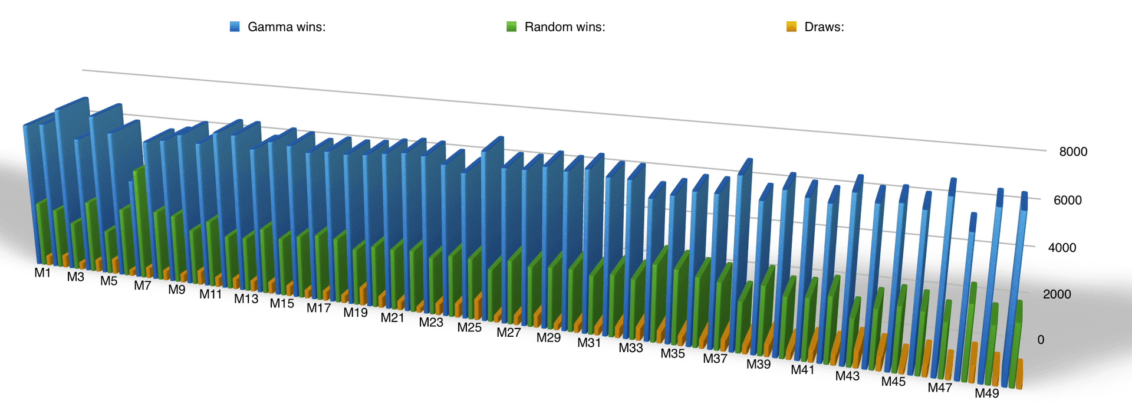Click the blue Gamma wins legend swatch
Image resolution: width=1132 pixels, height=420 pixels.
click(x=235, y=27)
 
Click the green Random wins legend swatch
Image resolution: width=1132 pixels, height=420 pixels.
click(x=512, y=27)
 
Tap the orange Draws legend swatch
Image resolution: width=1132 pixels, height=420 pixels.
click(x=792, y=27)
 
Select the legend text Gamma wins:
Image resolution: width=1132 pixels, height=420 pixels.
click(x=287, y=27)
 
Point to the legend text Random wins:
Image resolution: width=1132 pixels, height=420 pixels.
click(x=565, y=27)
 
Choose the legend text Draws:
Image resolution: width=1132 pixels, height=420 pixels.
click(x=824, y=27)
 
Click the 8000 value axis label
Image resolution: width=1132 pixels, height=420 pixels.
click(x=1073, y=152)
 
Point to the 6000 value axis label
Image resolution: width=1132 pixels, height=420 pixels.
click(x=1068, y=200)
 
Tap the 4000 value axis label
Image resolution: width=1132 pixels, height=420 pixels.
click(x=1062, y=248)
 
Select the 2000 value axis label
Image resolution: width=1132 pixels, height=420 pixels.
click(x=1057, y=294)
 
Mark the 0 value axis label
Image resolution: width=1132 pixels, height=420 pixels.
click(x=1041, y=340)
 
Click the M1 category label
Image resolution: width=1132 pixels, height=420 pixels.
click(x=42, y=273)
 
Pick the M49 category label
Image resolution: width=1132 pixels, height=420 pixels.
click(x=986, y=393)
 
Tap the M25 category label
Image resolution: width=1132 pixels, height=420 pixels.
click(x=469, y=327)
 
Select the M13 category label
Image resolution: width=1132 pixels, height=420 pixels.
click(x=246, y=299)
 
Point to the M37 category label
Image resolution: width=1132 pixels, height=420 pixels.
click(x=715, y=359)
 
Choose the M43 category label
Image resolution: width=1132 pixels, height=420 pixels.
click(x=847, y=376)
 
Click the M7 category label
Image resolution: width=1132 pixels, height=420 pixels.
click(x=142, y=286)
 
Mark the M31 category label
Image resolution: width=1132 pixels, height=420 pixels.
click(x=589, y=343)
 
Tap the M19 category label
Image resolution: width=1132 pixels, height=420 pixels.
click(x=356, y=313)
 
